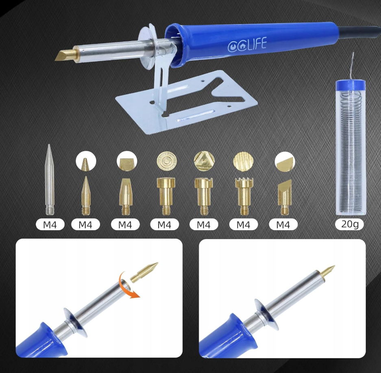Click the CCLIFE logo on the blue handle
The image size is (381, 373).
pyautogui.click(x=247, y=44)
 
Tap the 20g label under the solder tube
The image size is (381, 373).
pyautogui.click(x=350, y=224)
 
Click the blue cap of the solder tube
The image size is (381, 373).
pyautogui.click(x=351, y=86)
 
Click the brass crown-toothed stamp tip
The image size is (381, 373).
pyautogui.click(x=244, y=196)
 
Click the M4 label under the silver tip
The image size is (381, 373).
pyautogui.click(x=50, y=224)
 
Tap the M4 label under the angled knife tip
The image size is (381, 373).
pyautogui.click(x=283, y=224)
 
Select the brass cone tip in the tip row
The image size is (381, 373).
pyautogui.click(x=85, y=195)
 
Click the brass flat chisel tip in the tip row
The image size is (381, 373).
pyautogui.click(x=125, y=196)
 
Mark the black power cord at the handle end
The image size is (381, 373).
pyautogui.click(x=359, y=33)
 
